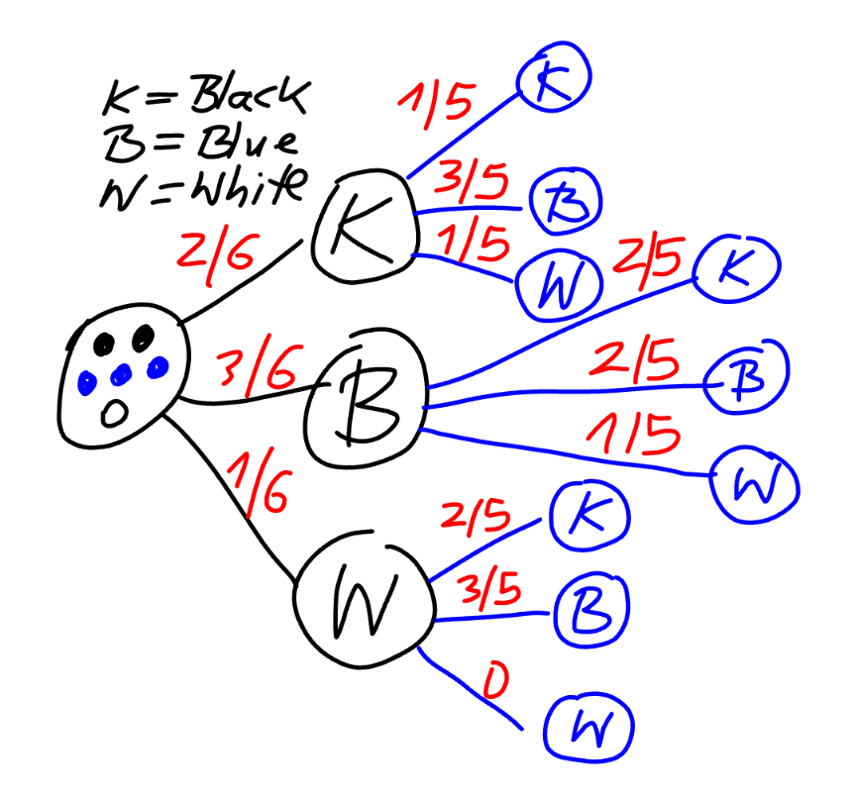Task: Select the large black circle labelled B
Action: (365, 405)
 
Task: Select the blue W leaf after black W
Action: (588, 730)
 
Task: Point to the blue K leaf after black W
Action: (588, 516)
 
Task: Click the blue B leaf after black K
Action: (561, 203)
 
